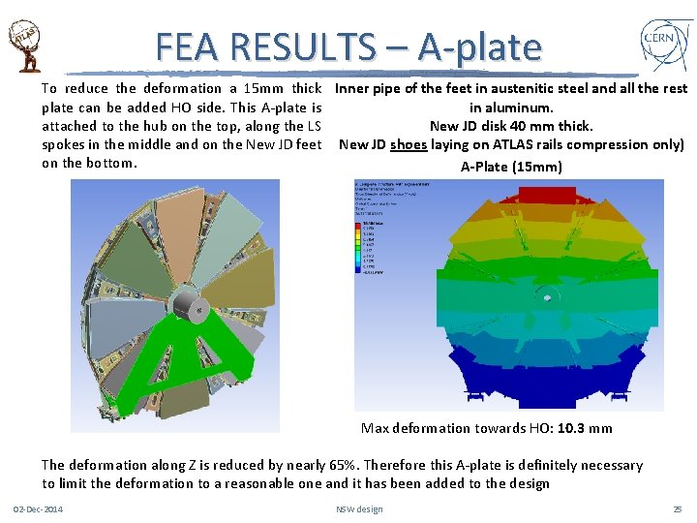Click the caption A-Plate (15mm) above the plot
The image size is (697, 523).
[510, 167]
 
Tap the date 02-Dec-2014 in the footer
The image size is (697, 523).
[38, 509]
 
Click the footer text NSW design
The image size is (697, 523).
[359, 509]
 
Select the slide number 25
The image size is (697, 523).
[677, 509]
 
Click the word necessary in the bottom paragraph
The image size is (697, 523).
[611, 465]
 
